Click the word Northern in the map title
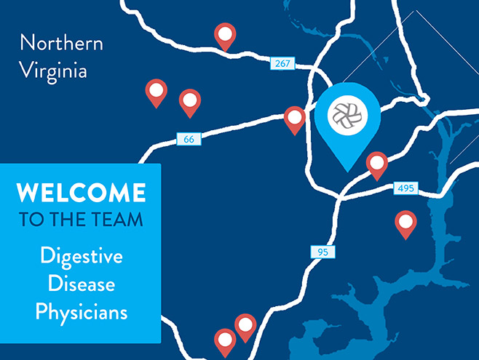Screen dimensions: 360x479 [61, 42]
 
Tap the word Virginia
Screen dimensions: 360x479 [53, 71]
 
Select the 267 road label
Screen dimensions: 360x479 [282, 64]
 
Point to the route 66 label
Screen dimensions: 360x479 [189, 138]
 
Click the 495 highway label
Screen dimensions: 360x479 [405, 188]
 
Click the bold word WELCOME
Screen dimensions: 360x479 [81, 193]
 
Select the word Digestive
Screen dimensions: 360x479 [82, 256]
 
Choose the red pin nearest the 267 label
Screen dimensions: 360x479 [226, 33]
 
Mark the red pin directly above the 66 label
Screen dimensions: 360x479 [190, 101]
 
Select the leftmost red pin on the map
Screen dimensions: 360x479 [156, 91]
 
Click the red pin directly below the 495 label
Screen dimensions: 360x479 [405, 223]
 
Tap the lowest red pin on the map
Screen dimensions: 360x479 [225, 339]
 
